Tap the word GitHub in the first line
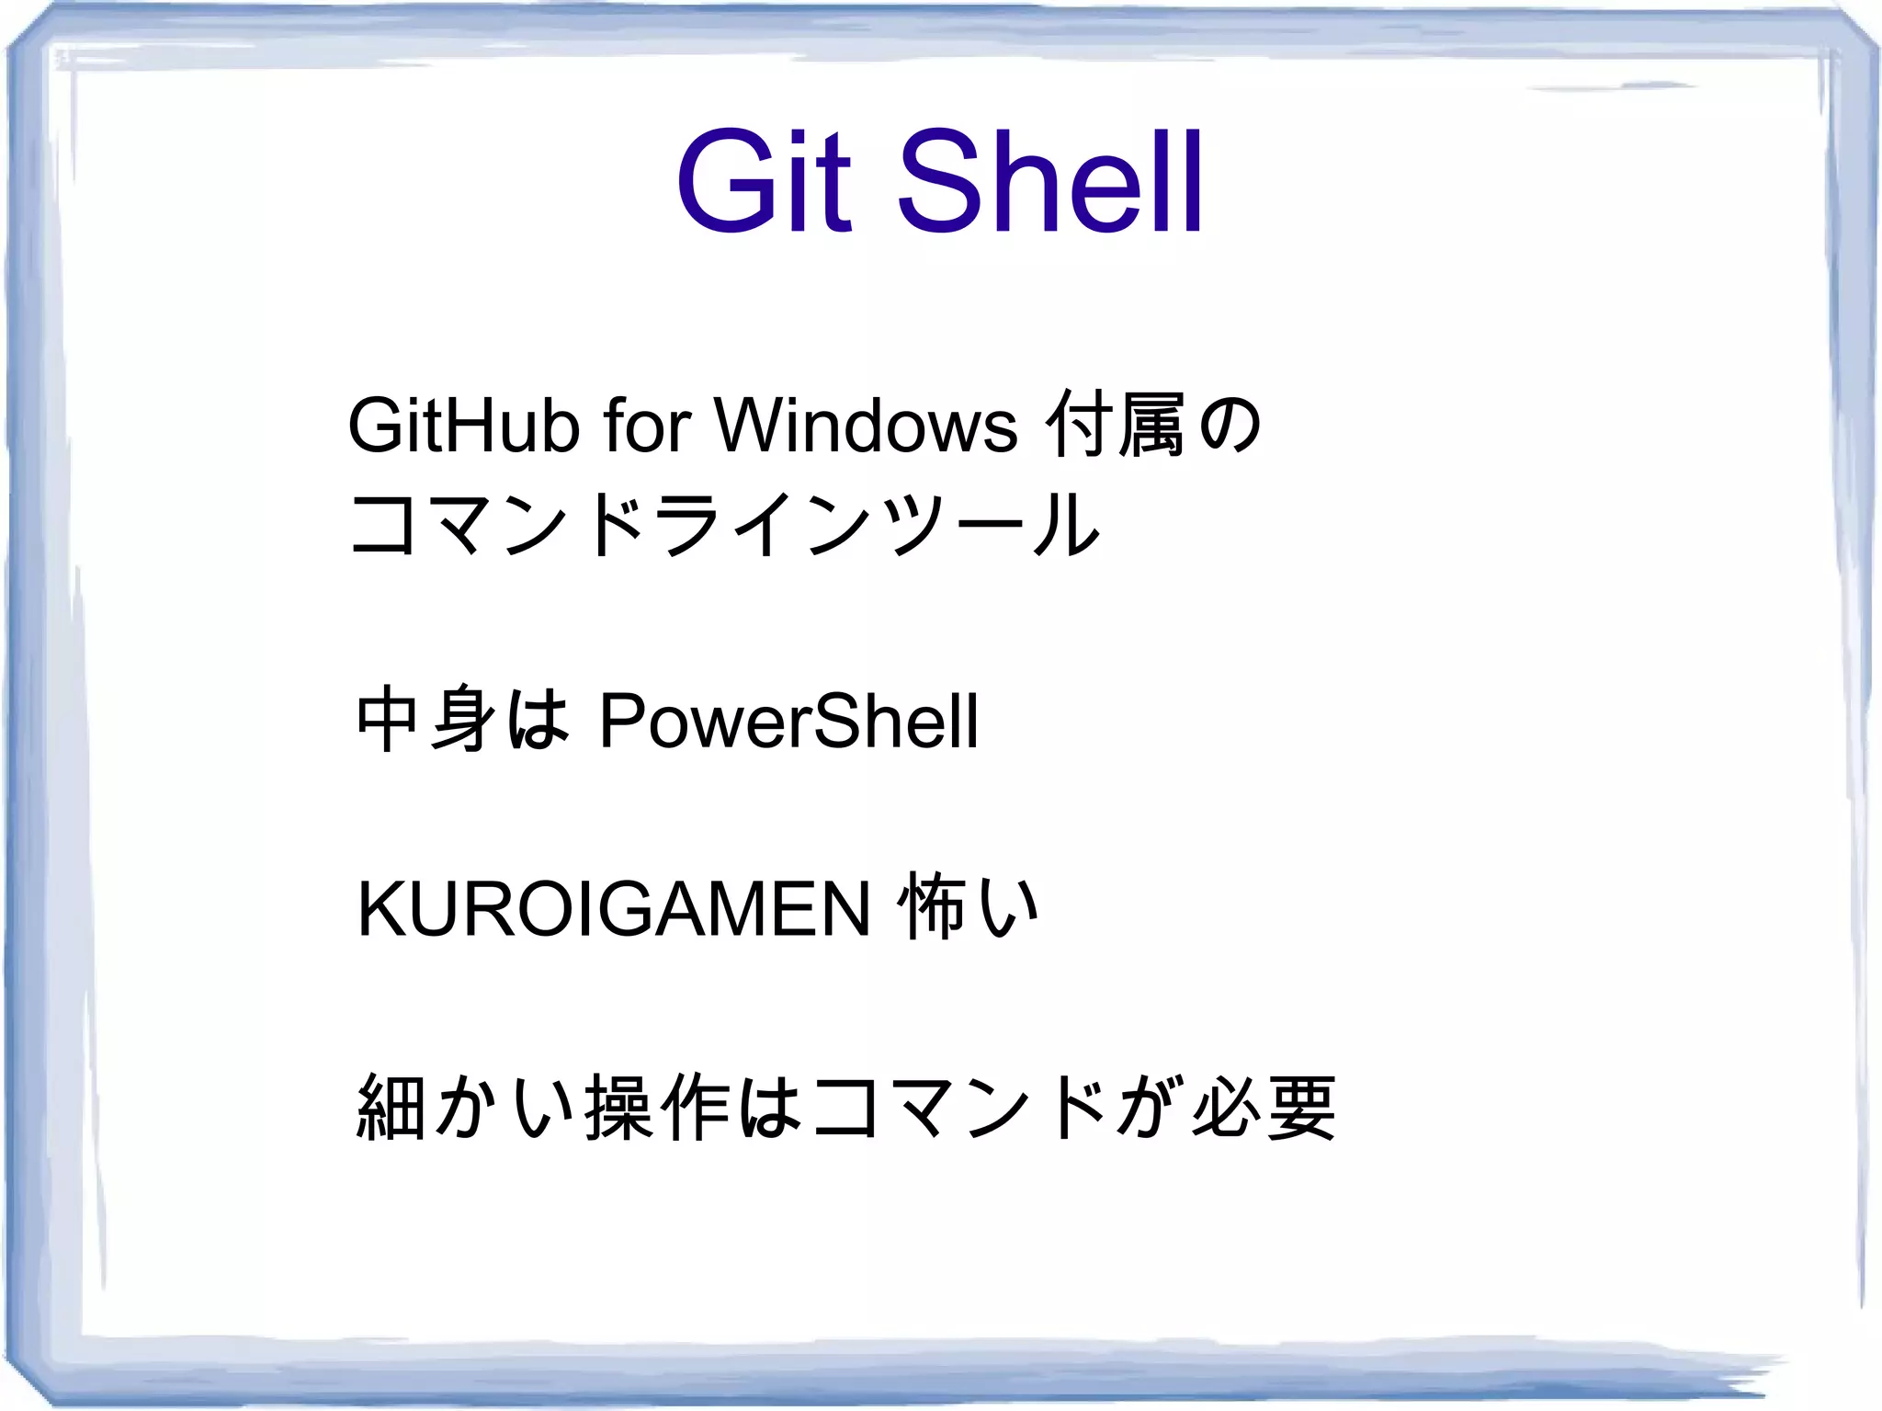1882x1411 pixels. pos(463,426)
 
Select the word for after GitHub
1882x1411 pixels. pos(646,426)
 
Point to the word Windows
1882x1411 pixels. pos(867,426)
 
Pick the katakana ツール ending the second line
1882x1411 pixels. pos(993,525)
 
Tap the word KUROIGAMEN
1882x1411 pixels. pos(613,909)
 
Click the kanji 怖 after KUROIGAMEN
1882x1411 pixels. pos(930,908)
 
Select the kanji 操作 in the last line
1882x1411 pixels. pos(657,1108)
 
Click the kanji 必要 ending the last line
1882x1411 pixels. pos(1264,1108)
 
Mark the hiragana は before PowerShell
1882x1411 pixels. pos(539,720)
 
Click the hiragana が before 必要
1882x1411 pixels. pos(1146,1108)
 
